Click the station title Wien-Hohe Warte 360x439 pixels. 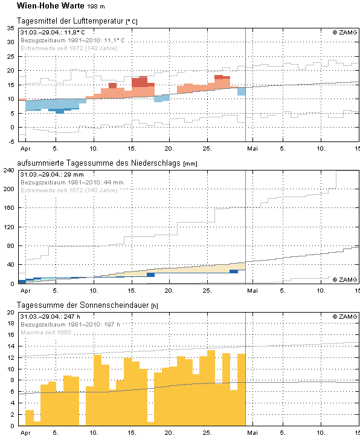[51, 5]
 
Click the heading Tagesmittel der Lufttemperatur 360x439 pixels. [70, 21]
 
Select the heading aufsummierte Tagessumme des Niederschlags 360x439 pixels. [98, 163]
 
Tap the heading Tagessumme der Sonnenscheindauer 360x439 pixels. [83, 305]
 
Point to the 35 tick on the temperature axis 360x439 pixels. [11, 28]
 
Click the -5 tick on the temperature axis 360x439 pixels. [11, 141]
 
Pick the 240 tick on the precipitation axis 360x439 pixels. [9, 171]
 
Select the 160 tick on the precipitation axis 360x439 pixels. [9, 208]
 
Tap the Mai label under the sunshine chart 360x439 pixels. [252, 432]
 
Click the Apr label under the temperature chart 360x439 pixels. [25, 149]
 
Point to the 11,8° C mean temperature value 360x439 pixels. [74, 33]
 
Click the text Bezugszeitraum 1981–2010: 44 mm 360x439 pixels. [72, 183]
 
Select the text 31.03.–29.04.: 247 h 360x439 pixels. [50, 317]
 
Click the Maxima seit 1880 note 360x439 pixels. [46, 333]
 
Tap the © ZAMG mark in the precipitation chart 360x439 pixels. [345, 279]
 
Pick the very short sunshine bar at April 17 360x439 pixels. [151, 424]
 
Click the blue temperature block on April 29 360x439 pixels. [242, 91]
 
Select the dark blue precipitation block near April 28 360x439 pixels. [234, 272]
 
